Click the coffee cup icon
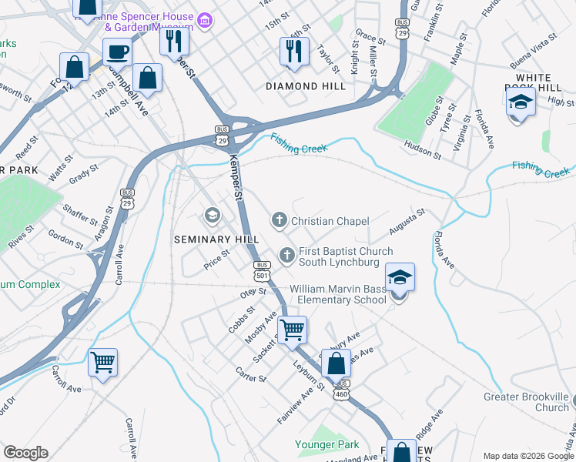pos(116,52)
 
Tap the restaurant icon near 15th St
pos(294,51)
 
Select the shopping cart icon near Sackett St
pos(292,330)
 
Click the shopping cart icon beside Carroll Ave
pos(102,361)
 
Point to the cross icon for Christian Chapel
pos(278,221)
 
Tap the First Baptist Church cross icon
pos(287,254)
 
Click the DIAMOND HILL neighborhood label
pos(306,86)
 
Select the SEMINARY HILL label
pos(216,239)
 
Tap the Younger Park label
pos(327,444)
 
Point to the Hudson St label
pos(423,149)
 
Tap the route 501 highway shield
pos(262,270)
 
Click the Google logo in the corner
pos(25,453)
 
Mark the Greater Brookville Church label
pos(525,403)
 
